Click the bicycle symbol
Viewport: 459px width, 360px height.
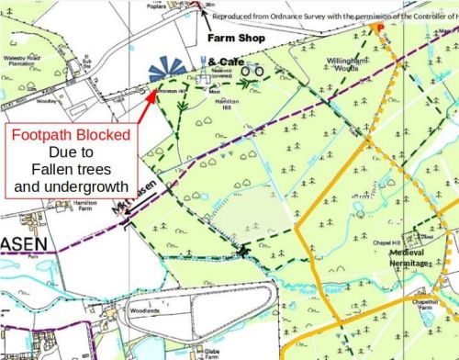(252, 70)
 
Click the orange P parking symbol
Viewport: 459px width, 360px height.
(377, 28)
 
